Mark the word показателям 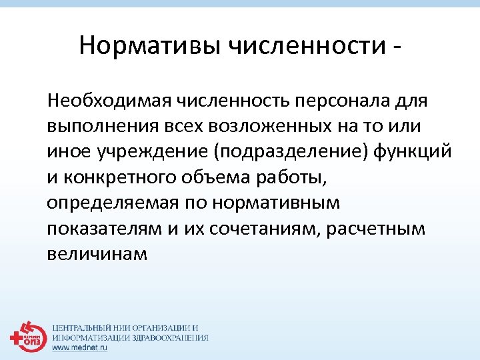coord(103,228)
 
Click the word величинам coord(97,253)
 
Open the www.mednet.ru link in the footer coord(80,347)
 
